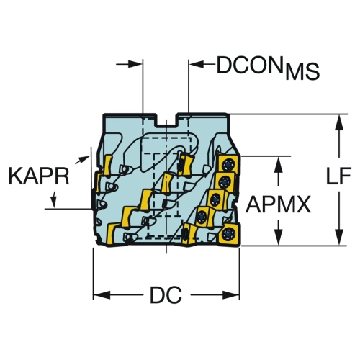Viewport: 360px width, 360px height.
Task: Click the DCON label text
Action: pyautogui.click(x=249, y=66)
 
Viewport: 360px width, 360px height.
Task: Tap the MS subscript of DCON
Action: pyautogui.click(x=302, y=72)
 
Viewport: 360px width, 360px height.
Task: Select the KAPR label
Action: pyautogui.click(x=39, y=176)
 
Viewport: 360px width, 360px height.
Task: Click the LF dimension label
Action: pyautogui.click(x=338, y=176)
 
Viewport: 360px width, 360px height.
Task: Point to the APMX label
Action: pyautogui.click(x=278, y=204)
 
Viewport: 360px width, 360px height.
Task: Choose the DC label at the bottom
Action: pyautogui.click(x=166, y=295)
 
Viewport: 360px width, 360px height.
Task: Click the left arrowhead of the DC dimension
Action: pyautogui.click(x=102, y=295)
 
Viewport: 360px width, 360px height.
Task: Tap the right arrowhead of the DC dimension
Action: pyautogui.click(x=231, y=295)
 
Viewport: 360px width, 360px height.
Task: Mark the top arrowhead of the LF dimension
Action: pyautogui.click(x=339, y=123)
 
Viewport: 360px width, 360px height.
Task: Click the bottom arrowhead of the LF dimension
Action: pyautogui.click(x=339, y=237)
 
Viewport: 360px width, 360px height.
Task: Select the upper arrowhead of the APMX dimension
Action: pyautogui.click(x=279, y=165)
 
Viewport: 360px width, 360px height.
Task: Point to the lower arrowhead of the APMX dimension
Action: pyautogui.click(x=279, y=237)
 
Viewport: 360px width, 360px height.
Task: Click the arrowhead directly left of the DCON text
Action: pyautogui.click(x=197, y=64)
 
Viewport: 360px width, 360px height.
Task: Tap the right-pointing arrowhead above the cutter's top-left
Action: pyautogui.click(x=135, y=64)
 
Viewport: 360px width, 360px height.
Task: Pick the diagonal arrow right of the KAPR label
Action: pyautogui.click(x=82, y=160)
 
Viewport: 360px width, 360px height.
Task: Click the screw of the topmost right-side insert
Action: pyautogui.click(x=228, y=166)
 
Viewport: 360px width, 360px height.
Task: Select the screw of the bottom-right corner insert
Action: pyautogui.click(x=228, y=234)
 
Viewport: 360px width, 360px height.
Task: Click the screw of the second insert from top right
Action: pyautogui.click(x=225, y=181)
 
